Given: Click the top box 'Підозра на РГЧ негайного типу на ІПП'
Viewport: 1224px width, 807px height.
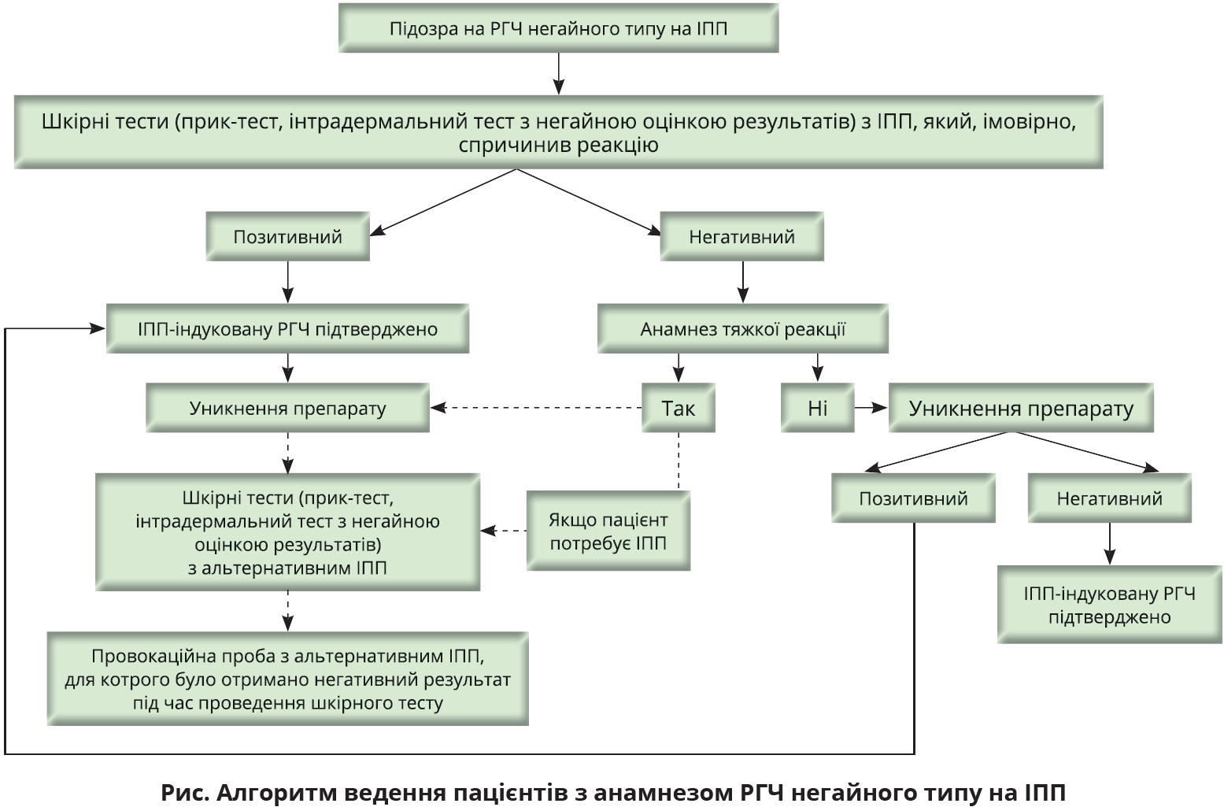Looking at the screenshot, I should point(558,28).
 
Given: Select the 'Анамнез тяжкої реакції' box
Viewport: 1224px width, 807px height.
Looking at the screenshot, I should point(742,328).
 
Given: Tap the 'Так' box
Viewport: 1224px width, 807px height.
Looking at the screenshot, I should point(678,408).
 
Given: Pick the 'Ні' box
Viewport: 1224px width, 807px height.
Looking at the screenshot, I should point(817,408).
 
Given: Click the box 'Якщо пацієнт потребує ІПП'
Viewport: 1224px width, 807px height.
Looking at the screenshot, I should point(608,531).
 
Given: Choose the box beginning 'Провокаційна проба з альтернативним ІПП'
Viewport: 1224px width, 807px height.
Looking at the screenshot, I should point(287,679).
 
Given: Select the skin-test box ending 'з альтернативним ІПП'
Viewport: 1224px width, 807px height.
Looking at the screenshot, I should point(287,532).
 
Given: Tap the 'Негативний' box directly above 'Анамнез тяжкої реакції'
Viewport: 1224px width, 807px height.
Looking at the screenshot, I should point(741,236).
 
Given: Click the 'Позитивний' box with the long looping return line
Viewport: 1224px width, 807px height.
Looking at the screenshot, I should point(913,498).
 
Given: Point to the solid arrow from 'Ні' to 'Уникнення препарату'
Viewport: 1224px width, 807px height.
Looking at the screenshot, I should point(871,408).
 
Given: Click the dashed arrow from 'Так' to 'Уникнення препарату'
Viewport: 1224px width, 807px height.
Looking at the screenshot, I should point(535,408).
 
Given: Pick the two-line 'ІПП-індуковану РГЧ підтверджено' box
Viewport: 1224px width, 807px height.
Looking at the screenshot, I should point(1109,605).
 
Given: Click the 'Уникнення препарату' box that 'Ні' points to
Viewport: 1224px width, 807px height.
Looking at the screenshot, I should point(1021,408).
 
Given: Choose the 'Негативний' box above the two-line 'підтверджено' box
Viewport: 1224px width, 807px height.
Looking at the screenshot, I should point(1109,498).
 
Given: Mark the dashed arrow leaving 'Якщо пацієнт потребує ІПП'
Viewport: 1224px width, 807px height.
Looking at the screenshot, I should point(504,531).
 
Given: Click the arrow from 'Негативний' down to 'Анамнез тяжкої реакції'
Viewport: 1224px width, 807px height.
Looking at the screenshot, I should point(742,282).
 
